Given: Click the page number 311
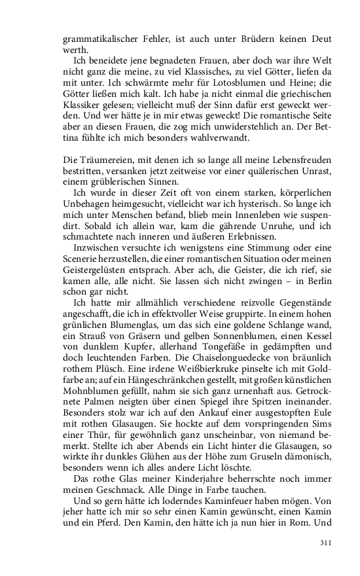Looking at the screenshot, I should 326,543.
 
